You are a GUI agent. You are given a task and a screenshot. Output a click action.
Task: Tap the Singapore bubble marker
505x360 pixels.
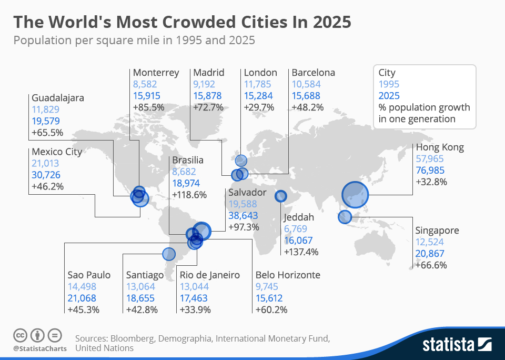click(x=345, y=216)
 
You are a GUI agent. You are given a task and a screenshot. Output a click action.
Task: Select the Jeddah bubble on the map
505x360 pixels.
click(x=281, y=196)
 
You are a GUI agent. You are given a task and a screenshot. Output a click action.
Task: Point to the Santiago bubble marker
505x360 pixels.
click(x=168, y=254)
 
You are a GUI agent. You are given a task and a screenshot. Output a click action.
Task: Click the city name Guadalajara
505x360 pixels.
click(x=58, y=98)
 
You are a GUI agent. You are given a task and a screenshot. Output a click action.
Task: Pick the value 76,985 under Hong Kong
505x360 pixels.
click(x=430, y=170)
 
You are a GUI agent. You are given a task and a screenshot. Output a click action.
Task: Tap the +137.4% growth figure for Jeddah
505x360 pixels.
click(x=301, y=252)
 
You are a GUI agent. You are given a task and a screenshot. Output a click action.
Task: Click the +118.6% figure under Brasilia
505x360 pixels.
click(x=189, y=195)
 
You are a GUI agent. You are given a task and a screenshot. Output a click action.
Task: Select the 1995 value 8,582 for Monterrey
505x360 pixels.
click(x=145, y=84)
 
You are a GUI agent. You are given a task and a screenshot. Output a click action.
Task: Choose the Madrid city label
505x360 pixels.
click(x=209, y=73)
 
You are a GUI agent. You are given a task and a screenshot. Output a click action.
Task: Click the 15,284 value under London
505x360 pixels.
click(x=258, y=96)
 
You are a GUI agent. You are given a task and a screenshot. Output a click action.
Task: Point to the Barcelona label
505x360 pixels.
click(x=314, y=73)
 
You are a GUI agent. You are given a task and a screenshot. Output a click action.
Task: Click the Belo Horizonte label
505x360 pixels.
click(x=288, y=275)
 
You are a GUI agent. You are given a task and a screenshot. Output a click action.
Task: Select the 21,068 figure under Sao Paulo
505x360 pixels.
click(x=82, y=298)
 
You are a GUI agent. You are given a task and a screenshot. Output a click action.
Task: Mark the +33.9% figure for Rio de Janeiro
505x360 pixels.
click(x=196, y=309)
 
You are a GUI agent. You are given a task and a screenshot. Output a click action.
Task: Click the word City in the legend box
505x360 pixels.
click(x=387, y=73)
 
